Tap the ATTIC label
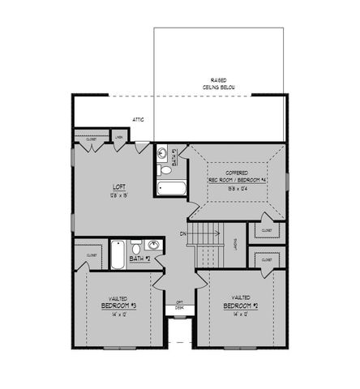point(139,121)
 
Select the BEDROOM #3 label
point(117,306)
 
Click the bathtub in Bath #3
point(171,190)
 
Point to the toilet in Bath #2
point(136,246)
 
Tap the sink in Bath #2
point(152,246)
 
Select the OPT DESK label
point(179,306)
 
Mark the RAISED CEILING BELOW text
point(219,83)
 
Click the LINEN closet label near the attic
point(118,139)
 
